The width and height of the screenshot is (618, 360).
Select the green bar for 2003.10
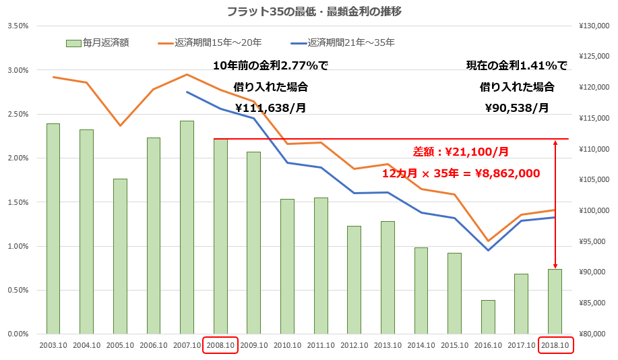click(53, 229)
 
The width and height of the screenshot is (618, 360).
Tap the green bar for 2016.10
click(489, 317)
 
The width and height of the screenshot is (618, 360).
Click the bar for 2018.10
click(555, 301)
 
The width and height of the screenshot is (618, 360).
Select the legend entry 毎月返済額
click(98, 42)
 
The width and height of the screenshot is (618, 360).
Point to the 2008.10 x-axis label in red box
click(220, 345)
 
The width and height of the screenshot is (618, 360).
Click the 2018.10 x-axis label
click(555, 345)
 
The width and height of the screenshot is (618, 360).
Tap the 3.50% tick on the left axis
click(18, 26)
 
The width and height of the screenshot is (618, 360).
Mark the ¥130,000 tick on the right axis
click(594, 26)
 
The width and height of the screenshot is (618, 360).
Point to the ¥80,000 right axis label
click(595, 334)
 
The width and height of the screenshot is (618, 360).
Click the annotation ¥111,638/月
click(270, 107)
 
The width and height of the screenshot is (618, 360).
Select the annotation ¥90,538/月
click(517, 107)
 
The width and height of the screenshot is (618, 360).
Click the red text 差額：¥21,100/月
click(460, 152)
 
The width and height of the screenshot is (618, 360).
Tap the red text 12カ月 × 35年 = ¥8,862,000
click(461, 173)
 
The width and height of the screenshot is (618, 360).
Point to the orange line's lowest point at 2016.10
click(489, 241)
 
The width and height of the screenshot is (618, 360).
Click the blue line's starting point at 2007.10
click(187, 92)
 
